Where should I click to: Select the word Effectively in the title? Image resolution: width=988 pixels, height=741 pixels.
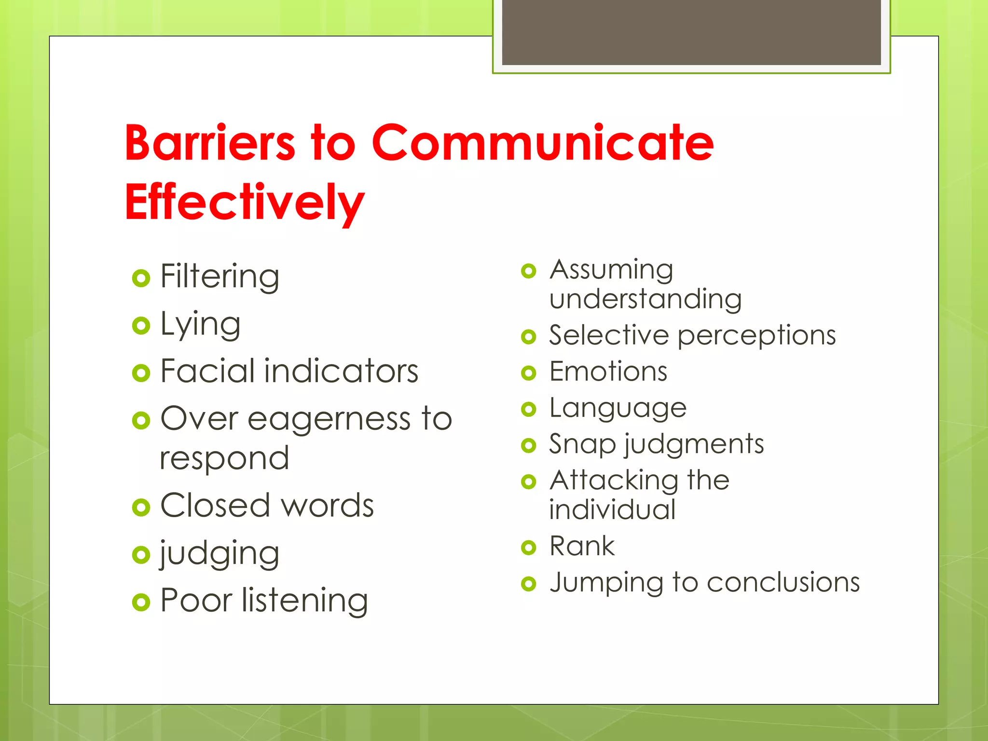[244, 203]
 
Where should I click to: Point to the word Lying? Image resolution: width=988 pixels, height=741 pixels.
[200, 324]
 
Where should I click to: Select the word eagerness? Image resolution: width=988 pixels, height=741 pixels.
[330, 419]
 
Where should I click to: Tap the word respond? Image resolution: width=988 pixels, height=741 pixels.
[224, 458]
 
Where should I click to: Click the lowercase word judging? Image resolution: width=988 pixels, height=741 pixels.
[220, 554]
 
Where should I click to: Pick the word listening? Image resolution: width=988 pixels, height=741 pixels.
[305, 601]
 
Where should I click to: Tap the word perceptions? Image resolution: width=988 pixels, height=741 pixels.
[756, 336]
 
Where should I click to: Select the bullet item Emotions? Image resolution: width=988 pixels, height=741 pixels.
[608, 372]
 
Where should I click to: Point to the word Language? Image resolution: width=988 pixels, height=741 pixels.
[618, 409]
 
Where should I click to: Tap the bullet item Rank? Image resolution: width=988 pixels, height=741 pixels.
[582, 547]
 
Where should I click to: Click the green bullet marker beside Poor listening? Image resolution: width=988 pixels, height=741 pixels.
[141, 602]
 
